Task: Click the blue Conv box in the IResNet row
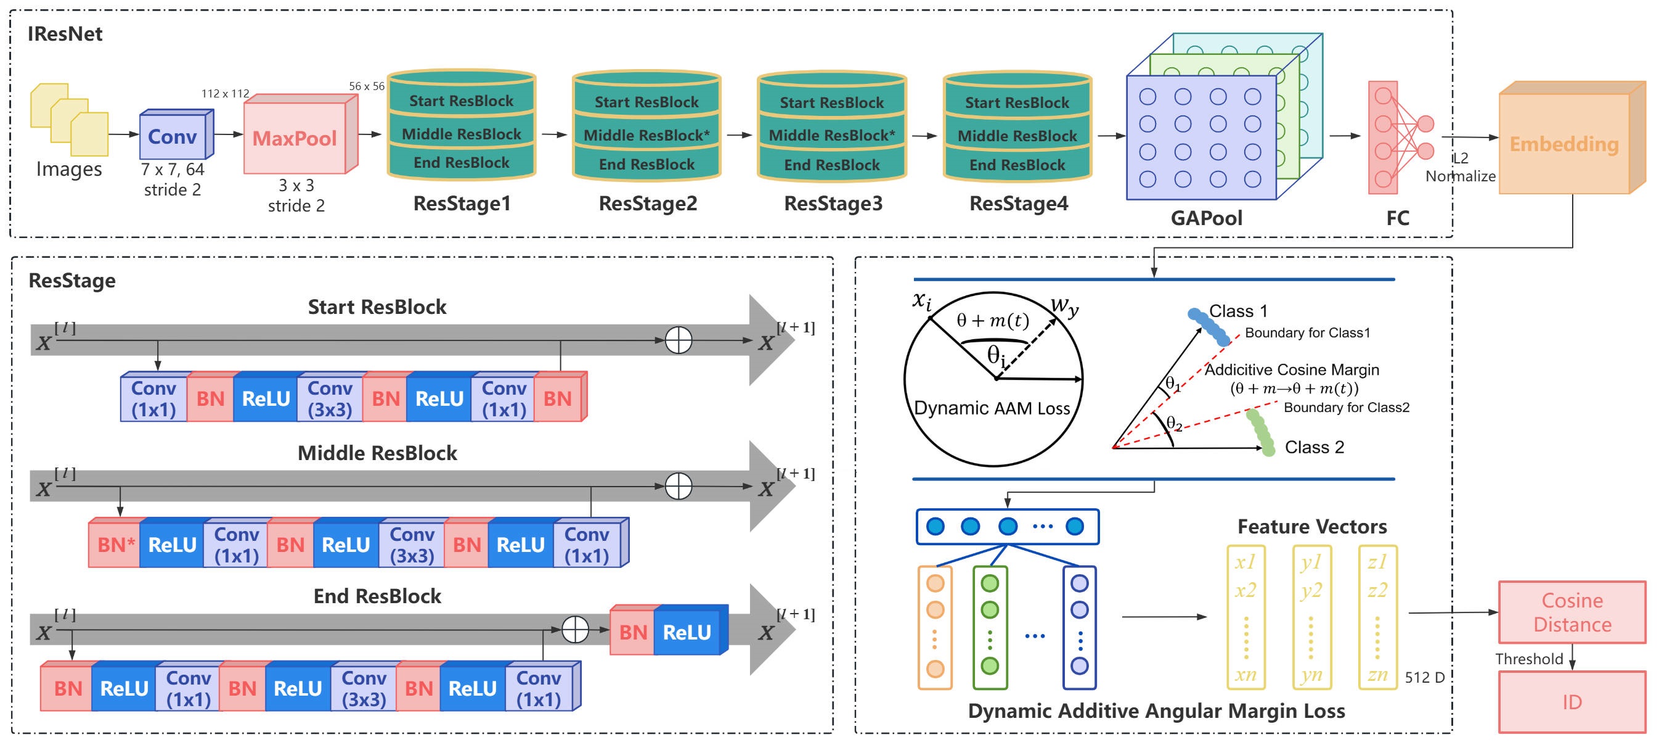pyautogui.click(x=173, y=137)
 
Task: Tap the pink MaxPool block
pyautogui.click(x=296, y=139)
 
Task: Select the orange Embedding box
pyautogui.click(x=1564, y=144)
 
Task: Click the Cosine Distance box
pyautogui.click(x=1572, y=612)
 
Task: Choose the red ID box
pyautogui.click(x=1572, y=702)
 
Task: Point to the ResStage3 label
pyautogui.click(x=833, y=204)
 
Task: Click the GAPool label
pyautogui.click(x=1206, y=218)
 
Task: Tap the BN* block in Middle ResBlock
pyautogui.click(x=115, y=545)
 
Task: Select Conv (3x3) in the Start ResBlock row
pyautogui.click(x=330, y=399)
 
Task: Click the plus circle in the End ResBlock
pyautogui.click(x=575, y=630)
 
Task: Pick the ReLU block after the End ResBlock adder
pyautogui.click(x=688, y=632)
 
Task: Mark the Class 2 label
pyautogui.click(x=1314, y=447)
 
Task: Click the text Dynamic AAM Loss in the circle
pyautogui.click(x=992, y=408)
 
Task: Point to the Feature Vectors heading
pyautogui.click(x=1312, y=527)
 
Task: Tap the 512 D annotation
pyautogui.click(x=1425, y=677)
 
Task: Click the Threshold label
pyautogui.click(x=1529, y=659)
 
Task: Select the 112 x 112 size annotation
pyautogui.click(x=225, y=94)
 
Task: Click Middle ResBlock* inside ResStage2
pyautogui.click(x=646, y=135)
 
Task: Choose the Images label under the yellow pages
pyautogui.click(x=69, y=169)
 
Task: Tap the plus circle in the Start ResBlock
pyautogui.click(x=678, y=340)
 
